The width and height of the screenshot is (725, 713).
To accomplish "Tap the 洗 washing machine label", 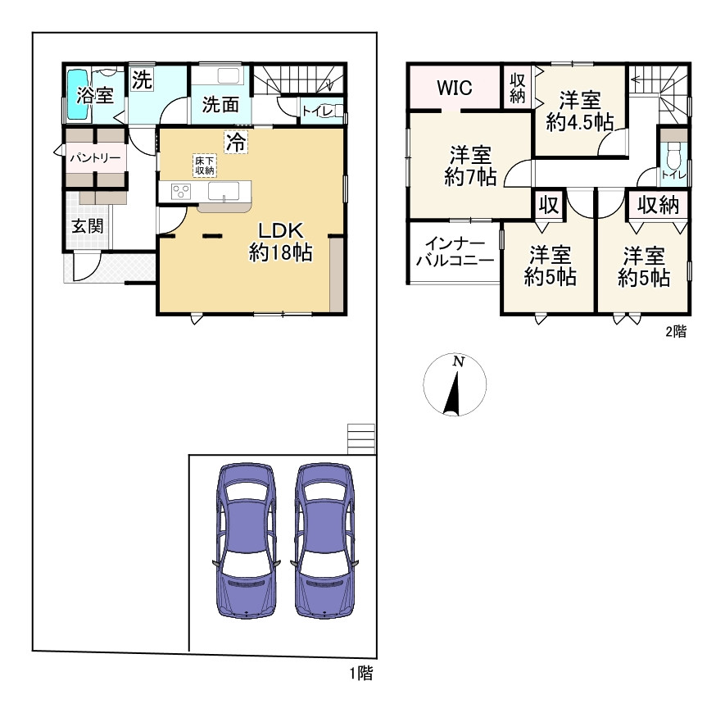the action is (142, 80).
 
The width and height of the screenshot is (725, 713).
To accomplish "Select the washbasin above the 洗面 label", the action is (229, 76).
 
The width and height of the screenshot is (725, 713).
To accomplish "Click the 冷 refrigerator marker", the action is (236, 142).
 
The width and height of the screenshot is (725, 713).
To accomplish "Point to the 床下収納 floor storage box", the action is (204, 166).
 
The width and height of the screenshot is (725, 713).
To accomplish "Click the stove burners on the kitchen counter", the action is (181, 192).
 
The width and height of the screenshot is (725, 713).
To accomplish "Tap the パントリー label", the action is (95, 158).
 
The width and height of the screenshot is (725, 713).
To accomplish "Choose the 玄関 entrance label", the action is (88, 226).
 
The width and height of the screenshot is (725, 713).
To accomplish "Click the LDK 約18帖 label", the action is (281, 242).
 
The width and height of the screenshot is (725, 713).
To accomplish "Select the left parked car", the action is (247, 540).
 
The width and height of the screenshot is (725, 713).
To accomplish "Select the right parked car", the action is (324, 540).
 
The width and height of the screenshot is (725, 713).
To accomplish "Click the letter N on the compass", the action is (458, 361).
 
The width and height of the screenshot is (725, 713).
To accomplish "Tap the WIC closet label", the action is (455, 88).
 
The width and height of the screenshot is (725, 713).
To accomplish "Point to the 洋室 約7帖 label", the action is (471, 166).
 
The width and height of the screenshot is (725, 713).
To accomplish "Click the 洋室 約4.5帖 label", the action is (580, 111).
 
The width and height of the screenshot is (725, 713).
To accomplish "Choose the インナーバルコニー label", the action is (455, 252).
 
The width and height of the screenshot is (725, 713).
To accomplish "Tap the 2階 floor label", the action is (676, 331).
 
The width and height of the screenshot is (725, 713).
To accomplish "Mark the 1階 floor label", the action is (360, 673).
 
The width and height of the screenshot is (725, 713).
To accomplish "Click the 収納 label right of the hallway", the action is (659, 205).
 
